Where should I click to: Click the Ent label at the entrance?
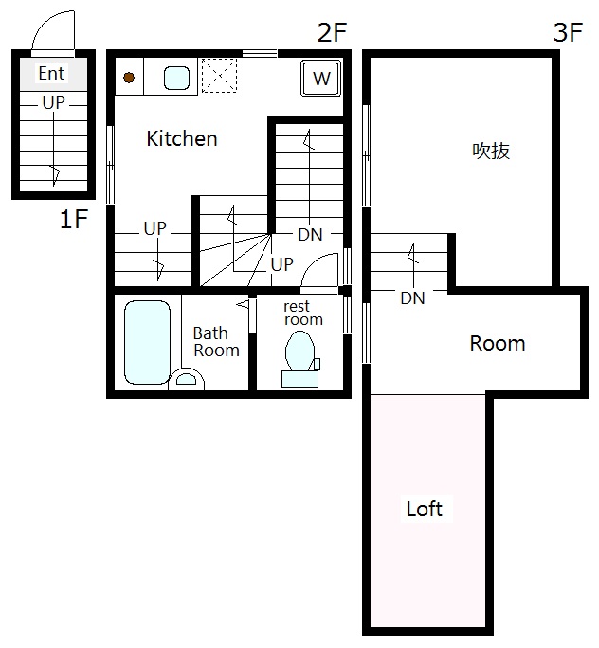51,74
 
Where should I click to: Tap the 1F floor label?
74,219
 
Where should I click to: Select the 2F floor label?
332,32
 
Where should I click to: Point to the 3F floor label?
569,32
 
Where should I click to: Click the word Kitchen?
182,138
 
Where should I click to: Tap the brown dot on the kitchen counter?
129,78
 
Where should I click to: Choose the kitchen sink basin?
177,78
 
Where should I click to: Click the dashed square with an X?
219,76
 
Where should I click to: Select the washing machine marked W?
321,78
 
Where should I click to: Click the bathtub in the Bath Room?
148,343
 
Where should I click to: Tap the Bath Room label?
216,342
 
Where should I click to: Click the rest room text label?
303,313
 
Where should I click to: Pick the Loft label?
425,509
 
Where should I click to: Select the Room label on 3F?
498,344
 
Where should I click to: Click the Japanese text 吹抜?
491,151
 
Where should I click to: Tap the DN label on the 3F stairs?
412,298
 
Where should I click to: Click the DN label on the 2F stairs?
310,235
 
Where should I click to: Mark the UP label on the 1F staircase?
54,102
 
